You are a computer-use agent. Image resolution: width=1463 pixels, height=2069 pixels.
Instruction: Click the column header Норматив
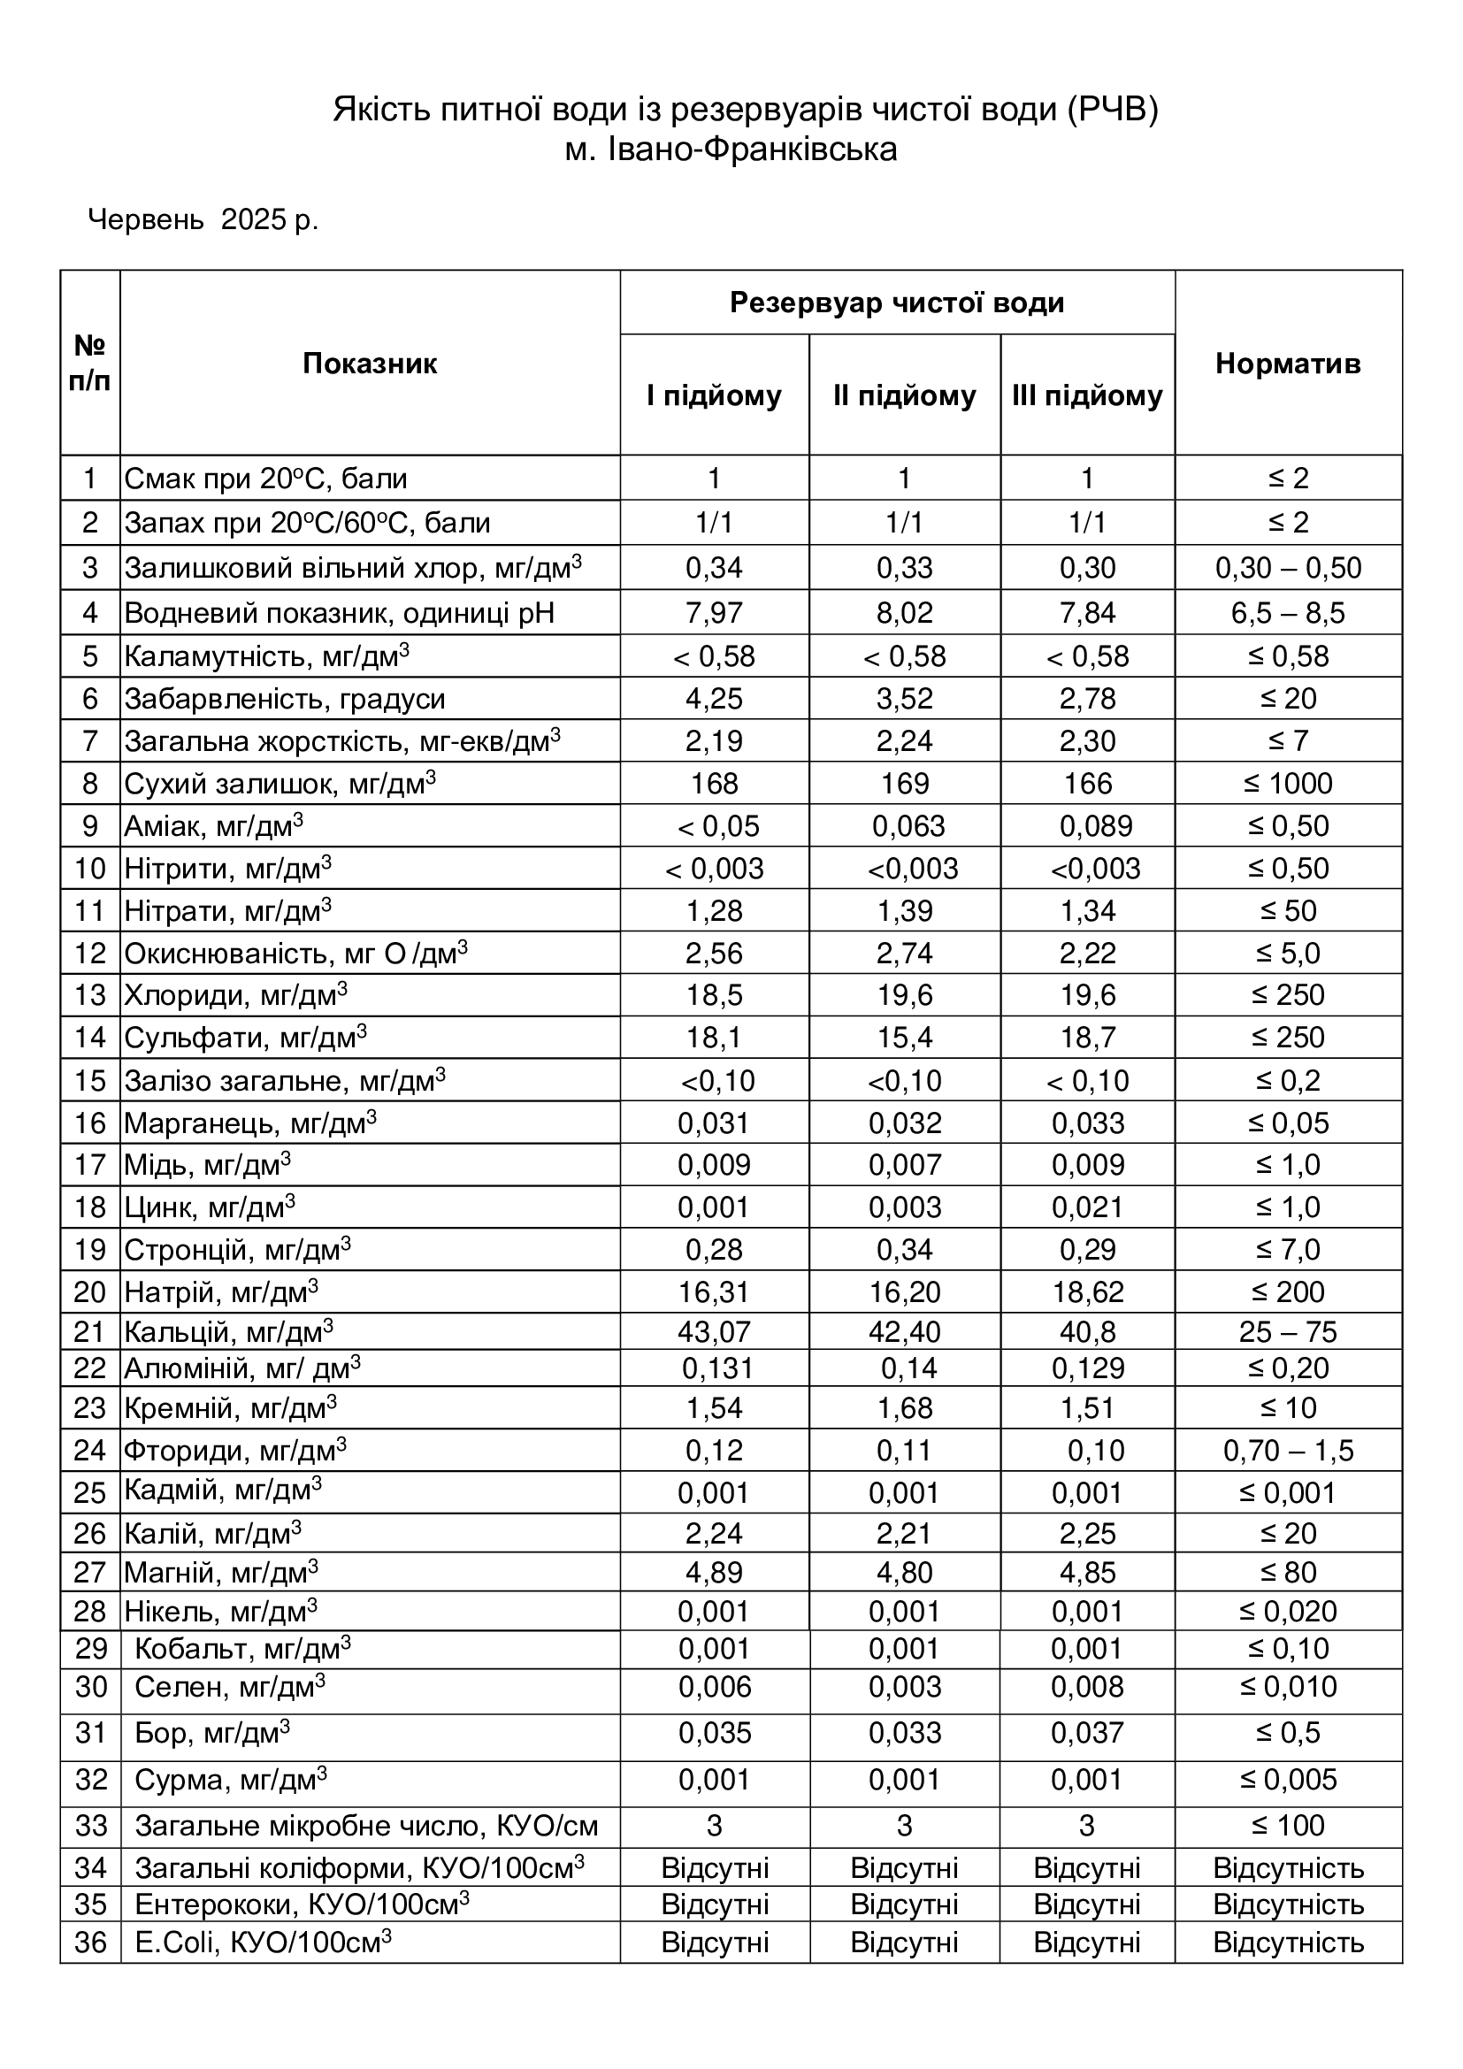click(1287, 364)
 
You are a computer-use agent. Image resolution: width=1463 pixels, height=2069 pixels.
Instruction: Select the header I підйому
click(714, 395)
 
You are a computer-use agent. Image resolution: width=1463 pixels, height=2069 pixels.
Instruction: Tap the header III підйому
click(1086, 395)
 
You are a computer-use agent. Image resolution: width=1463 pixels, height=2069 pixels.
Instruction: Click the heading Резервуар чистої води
click(896, 303)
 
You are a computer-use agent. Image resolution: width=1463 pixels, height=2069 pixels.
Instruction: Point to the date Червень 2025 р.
click(203, 219)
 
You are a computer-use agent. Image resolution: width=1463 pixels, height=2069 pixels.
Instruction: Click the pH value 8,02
click(905, 613)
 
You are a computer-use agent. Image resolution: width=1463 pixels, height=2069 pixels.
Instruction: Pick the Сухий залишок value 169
click(905, 783)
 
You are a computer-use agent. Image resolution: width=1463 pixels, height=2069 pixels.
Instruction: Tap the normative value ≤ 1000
click(1287, 783)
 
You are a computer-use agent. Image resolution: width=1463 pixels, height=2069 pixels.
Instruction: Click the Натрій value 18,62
click(1087, 1292)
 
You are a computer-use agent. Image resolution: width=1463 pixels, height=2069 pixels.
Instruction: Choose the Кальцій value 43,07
click(714, 1331)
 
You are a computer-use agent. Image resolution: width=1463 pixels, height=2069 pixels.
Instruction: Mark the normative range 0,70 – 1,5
click(1287, 1450)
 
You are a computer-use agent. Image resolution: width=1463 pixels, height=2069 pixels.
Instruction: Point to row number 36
click(90, 1942)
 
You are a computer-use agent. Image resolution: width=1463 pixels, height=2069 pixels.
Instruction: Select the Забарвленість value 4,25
click(714, 699)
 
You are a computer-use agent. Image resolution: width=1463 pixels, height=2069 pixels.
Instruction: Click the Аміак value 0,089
click(1095, 825)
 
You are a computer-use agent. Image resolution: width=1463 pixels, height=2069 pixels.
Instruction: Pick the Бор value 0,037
click(1087, 1733)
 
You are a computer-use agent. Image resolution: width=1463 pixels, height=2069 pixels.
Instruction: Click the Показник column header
click(370, 364)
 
